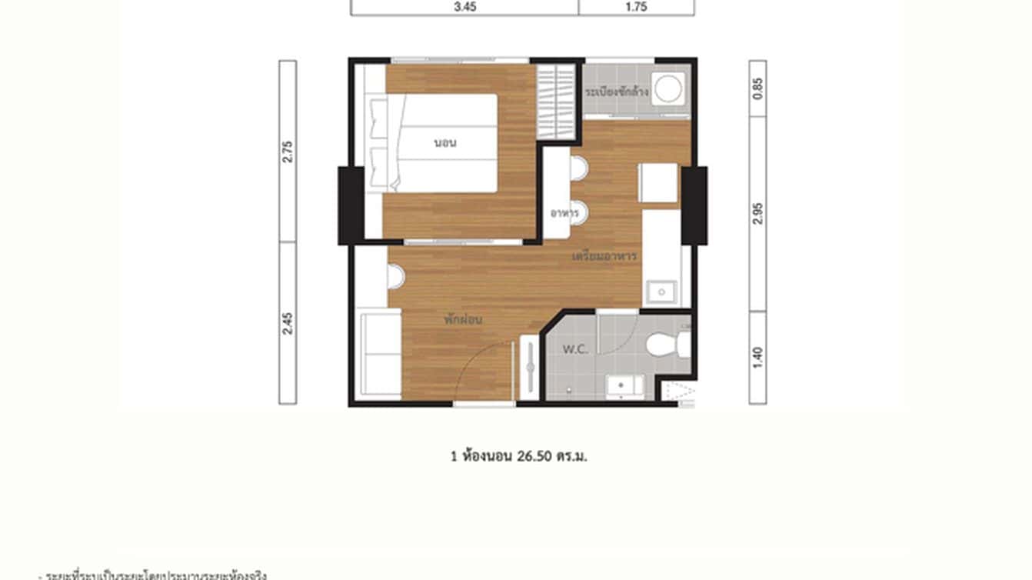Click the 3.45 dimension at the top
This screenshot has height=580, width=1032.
pos(464,7)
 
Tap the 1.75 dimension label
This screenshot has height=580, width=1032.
pos(637,7)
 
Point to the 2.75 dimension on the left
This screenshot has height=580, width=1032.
pos(288,151)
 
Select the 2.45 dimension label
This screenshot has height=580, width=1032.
pos(288,323)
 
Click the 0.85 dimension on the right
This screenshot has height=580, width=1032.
pos(758,88)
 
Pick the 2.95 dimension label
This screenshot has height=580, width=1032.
pos(758,213)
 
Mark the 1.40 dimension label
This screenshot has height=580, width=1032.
pos(758,356)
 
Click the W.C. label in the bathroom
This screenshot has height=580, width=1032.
pos(575,349)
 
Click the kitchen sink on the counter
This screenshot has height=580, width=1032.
pos(661,292)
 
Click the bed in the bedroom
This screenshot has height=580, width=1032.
pos(442,143)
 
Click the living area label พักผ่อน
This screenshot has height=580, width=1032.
pos(463,319)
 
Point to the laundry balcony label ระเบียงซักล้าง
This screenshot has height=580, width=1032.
pos(617,92)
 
